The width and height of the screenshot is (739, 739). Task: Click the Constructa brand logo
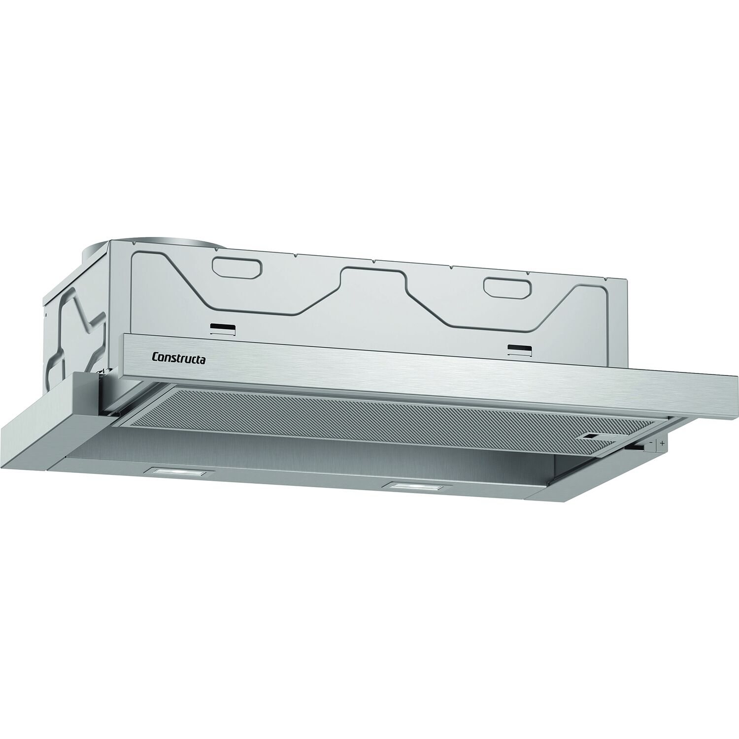tap(179, 357)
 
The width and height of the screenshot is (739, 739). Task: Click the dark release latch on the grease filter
tap(596, 437)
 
